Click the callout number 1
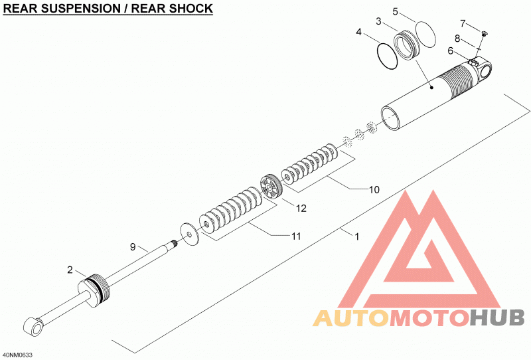click(356, 236)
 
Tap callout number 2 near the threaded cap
click(70, 270)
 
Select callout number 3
click(378, 21)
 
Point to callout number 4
click(358, 32)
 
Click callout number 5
click(396, 12)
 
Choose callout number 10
click(374, 189)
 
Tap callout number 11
click(296, 236)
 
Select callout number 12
click(301, 208)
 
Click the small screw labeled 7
click(485, 33)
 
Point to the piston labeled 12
click(271, 186)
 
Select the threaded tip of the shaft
click(175, 242)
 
